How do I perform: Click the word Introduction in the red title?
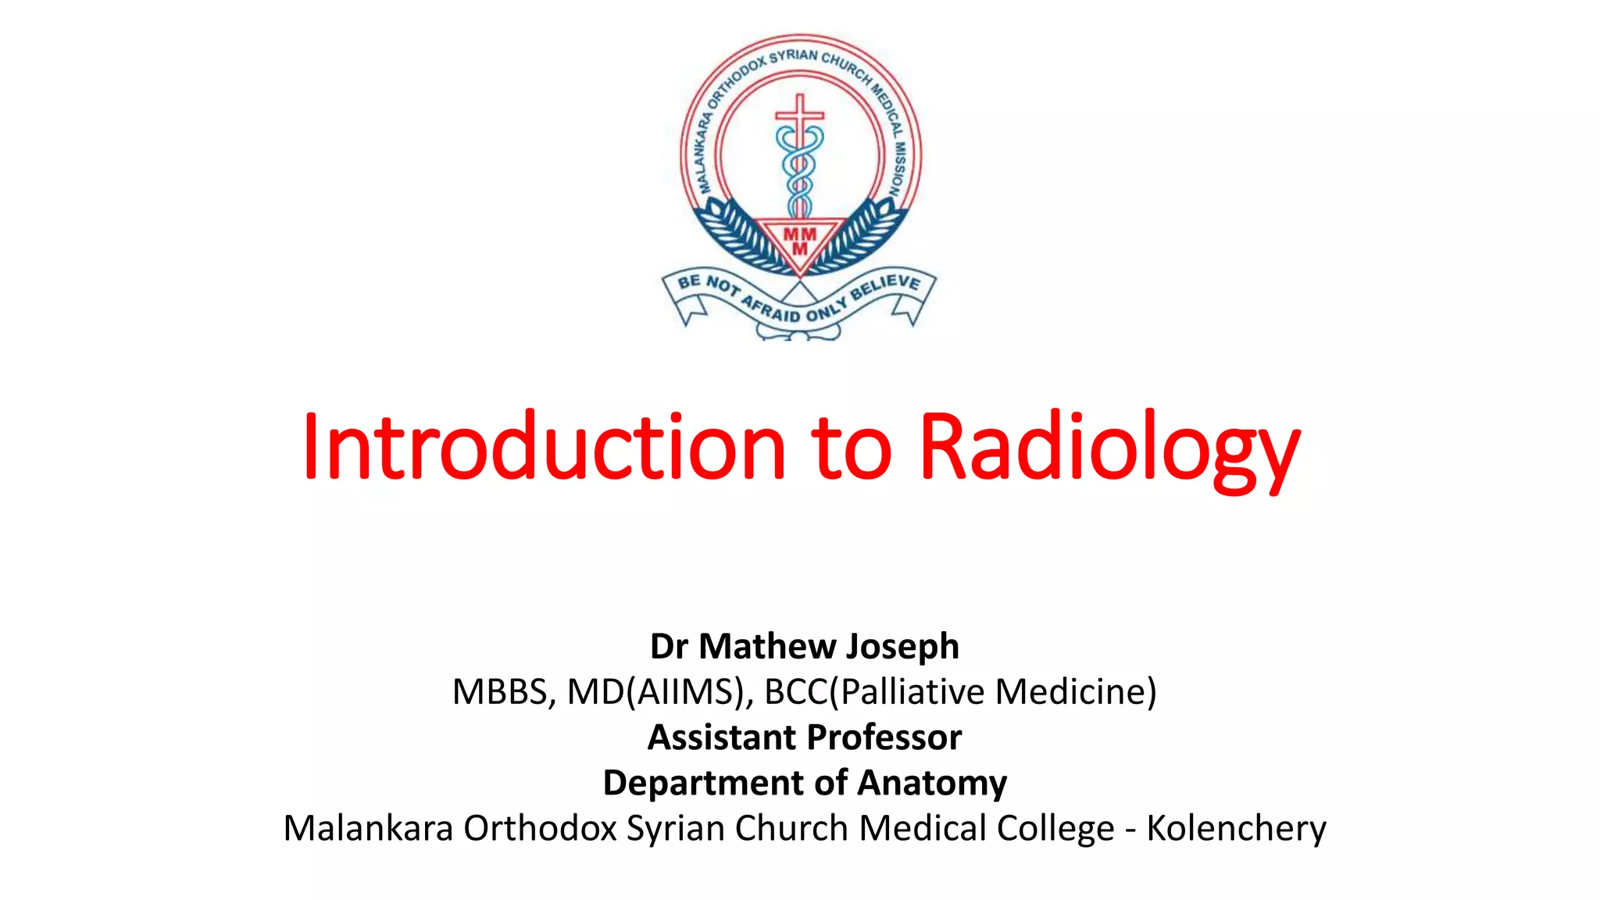(543, 447)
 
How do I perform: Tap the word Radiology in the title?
(1109, 447)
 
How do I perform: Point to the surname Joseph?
(902, 647)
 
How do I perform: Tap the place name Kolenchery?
(1236, 828)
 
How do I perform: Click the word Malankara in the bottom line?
(368, 828)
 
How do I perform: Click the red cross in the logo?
(799, 117)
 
